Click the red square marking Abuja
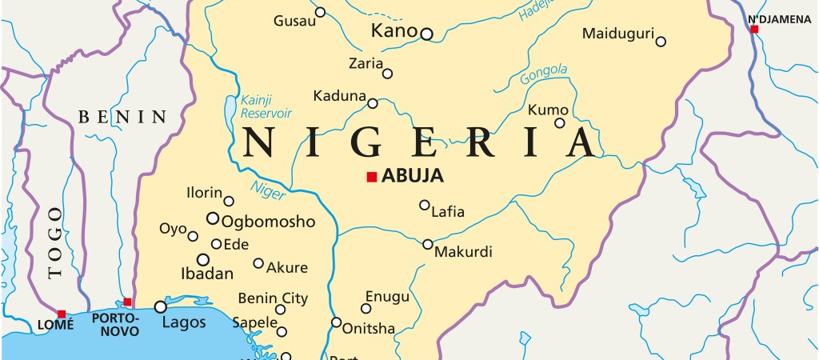pyautogui.click(x=371, y=177)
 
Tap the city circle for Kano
pyautogui.click(x=426, y=34)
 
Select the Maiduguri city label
pyautogui.click(x=617, y=34)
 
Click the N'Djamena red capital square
pyautogui.click(x=754, y=29)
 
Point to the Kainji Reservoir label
pyautogui.click(x=266, y=105)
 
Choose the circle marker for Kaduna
pyautogui.click(x=373, y=103)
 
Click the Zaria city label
pyautogui.click(x=366, y=63)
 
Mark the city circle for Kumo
pyautogui.click(x=560, y=123)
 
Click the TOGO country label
pyautogui.click(x=54, y=242)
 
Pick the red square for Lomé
pyautogui.click(x=62, y=314)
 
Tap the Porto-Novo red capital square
pyautogui.click(x=128, y=302)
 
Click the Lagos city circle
pyautogui.click(x=161, y=306)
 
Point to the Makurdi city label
pyautogui.click(x=463, y=253)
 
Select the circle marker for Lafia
pyautogui.click(x=425, y=205)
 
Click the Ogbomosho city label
pyautogui.click(x=268, y=222)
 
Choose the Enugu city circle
pyautogui.click(x=366, y=308)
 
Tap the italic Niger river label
pyautogui.click(x=266, y=189)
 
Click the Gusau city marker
pyautogui.click(x=320, y=12)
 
